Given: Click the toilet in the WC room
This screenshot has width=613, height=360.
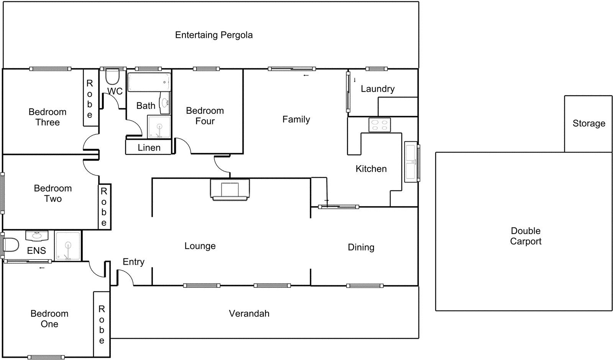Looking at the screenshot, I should (113, 77).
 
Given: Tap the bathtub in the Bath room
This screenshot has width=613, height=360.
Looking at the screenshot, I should (149, 82).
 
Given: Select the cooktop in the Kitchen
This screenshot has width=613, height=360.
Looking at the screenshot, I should (379, 125).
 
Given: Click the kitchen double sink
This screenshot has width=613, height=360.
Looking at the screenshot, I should (411, 162).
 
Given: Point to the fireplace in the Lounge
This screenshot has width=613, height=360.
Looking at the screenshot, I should (230, 190).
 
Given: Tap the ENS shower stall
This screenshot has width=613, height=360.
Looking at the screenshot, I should (68, 246).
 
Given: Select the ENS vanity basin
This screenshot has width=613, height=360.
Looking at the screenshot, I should (37, 236).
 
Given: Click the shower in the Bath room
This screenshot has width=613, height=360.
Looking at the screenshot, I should (159, 126).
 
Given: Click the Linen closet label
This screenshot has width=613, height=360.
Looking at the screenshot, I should (149, 147).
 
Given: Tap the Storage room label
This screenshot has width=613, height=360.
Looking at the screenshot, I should (588, 123).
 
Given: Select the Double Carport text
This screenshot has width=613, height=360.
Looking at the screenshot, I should (525, 236).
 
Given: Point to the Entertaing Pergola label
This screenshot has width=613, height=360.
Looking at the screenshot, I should (214, 35).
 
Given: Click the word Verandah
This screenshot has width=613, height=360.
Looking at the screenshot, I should (249, 313).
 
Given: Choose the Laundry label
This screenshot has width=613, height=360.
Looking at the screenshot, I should (377, 89).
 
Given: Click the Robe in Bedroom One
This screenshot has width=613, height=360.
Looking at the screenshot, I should (102, 324).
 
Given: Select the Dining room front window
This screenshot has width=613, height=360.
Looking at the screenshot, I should (365, 286).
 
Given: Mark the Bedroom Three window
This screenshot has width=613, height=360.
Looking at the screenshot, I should (50, 69).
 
